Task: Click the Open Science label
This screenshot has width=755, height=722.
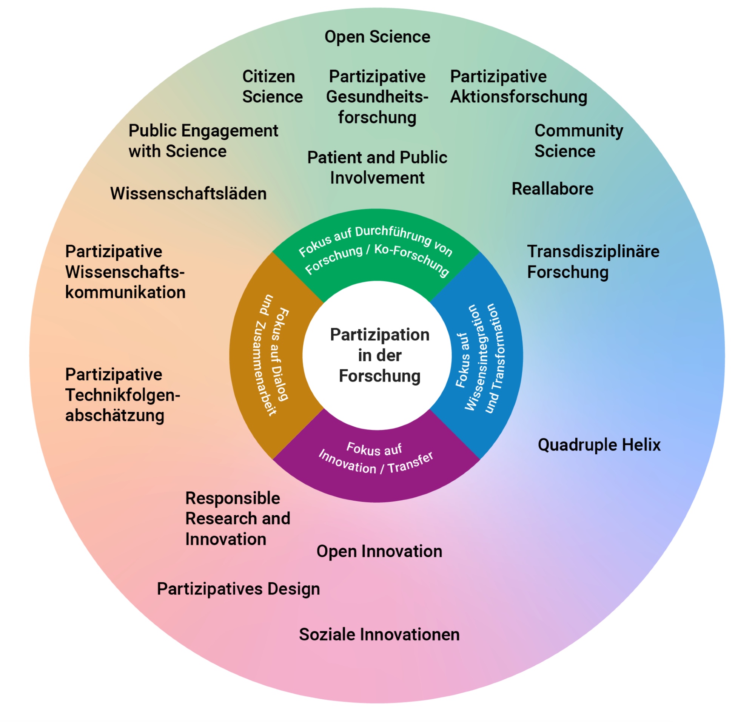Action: [x=377, y=37]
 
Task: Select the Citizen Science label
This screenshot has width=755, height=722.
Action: [x=272, y=86]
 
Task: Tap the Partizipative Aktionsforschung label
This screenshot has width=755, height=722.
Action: [x=518, y=86]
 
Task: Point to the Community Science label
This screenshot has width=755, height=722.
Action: [x=578, y=141]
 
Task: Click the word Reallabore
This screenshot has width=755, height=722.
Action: [x=552, y=189]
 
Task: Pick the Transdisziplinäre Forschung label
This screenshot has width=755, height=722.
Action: [x=593, y=262]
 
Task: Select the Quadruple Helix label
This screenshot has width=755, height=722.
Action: [x=599, y=445]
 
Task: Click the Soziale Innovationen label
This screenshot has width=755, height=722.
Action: [x=379, y=635]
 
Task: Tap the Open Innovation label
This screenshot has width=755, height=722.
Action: [x=379, y=551]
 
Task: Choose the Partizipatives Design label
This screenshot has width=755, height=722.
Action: [x=238, y=589]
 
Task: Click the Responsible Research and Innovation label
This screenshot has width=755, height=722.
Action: [x=237, y=519]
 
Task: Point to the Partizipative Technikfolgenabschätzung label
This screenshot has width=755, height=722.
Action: [x=122, y=395]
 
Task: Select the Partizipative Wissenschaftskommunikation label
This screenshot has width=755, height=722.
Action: [x=125, y=272]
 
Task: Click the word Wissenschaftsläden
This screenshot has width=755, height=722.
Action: [x=188, y=194]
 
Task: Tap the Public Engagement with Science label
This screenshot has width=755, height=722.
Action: [x=203, y=141]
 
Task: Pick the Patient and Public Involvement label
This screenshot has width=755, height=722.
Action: [x=377, y=168]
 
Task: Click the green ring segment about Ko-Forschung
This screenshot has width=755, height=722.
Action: [x=376, y=250]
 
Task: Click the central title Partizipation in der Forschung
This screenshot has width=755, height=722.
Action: [x=379, y=355]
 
